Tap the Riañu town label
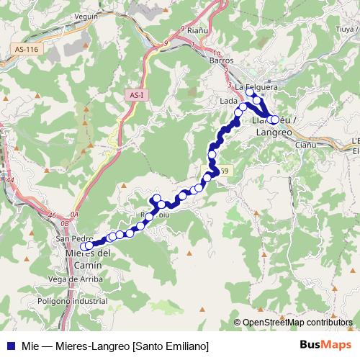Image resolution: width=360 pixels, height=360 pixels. pyautogui.click(x=197, y=31)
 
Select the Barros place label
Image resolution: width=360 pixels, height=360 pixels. pyautogui.click(x=220, y=61)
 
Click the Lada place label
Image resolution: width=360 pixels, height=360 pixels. pyautogui.click(x=228, y=102)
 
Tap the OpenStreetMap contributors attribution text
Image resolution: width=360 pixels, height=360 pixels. pyautogui.click(x=297, y=322)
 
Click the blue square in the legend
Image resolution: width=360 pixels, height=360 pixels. pyautogui.click(x=8, y=346)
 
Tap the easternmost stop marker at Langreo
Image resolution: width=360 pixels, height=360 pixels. pyautogui.click(x=274, y=120)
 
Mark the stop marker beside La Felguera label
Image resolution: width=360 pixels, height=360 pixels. pyautogui.click(x=250, y=92)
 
